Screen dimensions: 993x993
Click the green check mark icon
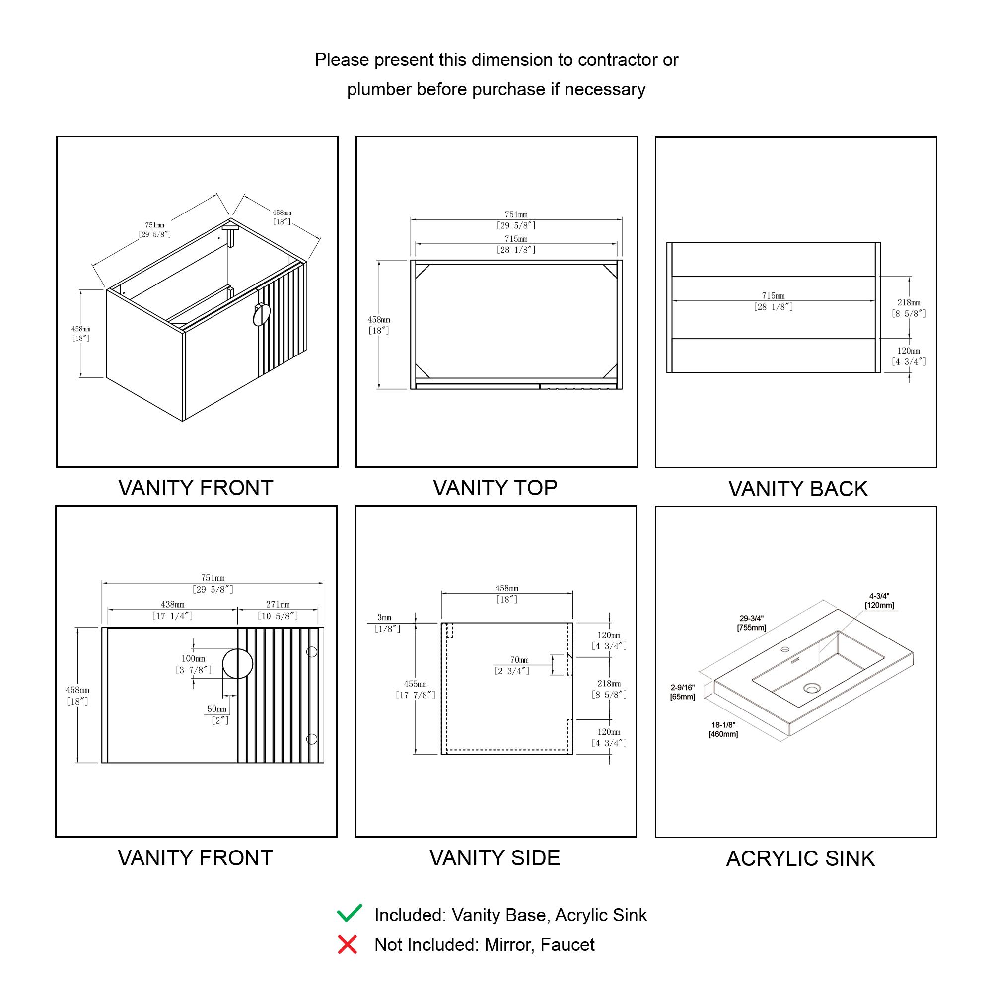pyautogui.click(x=350, y=914)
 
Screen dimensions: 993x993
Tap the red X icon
pyautogui.click(x=348, y=945)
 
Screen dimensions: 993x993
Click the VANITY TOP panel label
pyautogui.click(x=496, y=488)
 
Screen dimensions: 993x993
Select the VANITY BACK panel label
pyautogui.click(x=798, y=489)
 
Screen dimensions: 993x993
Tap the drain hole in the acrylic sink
pyautogui.click(x=812, y=688)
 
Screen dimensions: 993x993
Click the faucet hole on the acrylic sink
pyautogui.click(x=785, y=649)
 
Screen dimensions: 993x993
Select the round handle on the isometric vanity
pyautogui.click(x=262, y=315)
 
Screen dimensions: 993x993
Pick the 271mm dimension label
pyautogui.click(x=278, y=604)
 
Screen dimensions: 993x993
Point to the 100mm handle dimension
pyautogui.click(x=193, y=658)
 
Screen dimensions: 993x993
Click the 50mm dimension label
pyautogui.click(x=216, y=709)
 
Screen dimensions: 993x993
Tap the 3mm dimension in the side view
pyautogui.click(x=384, y=617)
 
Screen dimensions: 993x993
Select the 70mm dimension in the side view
pyautogui.click(x=519, y=659)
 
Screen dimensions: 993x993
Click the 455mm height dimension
pyautogui.click(x=415, y=684)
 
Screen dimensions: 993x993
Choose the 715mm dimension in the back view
pyautogui.click(x=773, y=296)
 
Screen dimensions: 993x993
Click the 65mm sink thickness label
pyautogui.click(x=683, y=697)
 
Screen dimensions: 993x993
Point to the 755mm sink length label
pyautogui.click(x=751, y=628)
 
